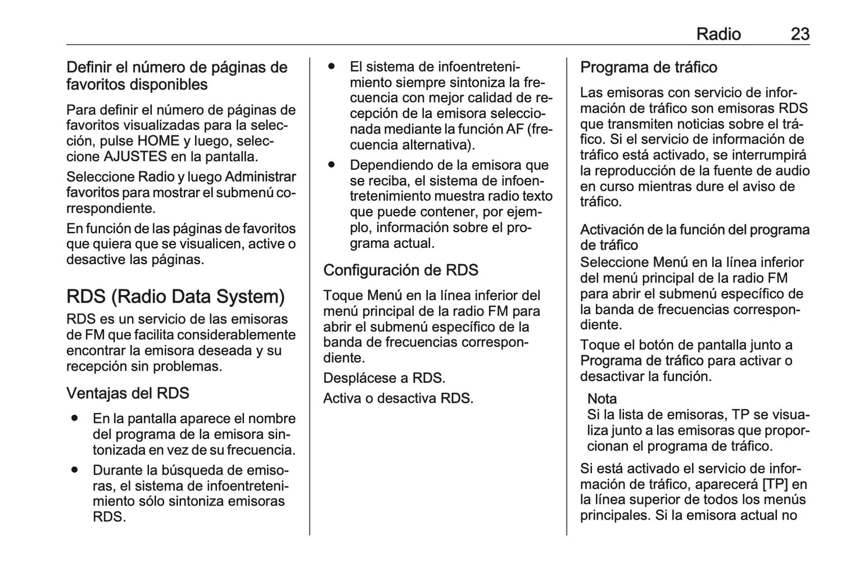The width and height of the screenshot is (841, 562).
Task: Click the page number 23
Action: (x=800, y=34)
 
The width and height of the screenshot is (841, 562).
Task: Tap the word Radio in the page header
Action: (x=718, y=34)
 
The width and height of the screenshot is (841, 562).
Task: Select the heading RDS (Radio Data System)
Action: (x=176, y=297)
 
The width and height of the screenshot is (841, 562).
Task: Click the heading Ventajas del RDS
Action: (x=127, y=393)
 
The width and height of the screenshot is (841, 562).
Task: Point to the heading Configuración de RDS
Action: (x=400, y=270)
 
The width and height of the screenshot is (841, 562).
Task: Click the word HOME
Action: (x=158, y=141)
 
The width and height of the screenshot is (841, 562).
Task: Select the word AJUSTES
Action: (x=135, y=156)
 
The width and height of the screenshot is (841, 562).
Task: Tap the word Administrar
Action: (x=260, y=177)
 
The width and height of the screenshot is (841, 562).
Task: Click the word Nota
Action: (x=602, y=399)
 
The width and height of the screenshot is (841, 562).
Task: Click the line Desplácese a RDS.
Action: (x=384, y=378)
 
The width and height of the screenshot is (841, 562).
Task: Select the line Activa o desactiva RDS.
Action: (x=398, y=399)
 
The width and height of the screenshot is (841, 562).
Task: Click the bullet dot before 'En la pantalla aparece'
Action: (x=74, y=418)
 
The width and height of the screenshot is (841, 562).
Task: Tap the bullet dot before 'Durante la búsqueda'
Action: (x=74, y=469)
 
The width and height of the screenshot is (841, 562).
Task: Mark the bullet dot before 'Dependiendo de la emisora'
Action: (x=331, y=165)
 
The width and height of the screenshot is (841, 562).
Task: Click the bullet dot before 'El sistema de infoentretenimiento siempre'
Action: (x=331, y=66)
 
